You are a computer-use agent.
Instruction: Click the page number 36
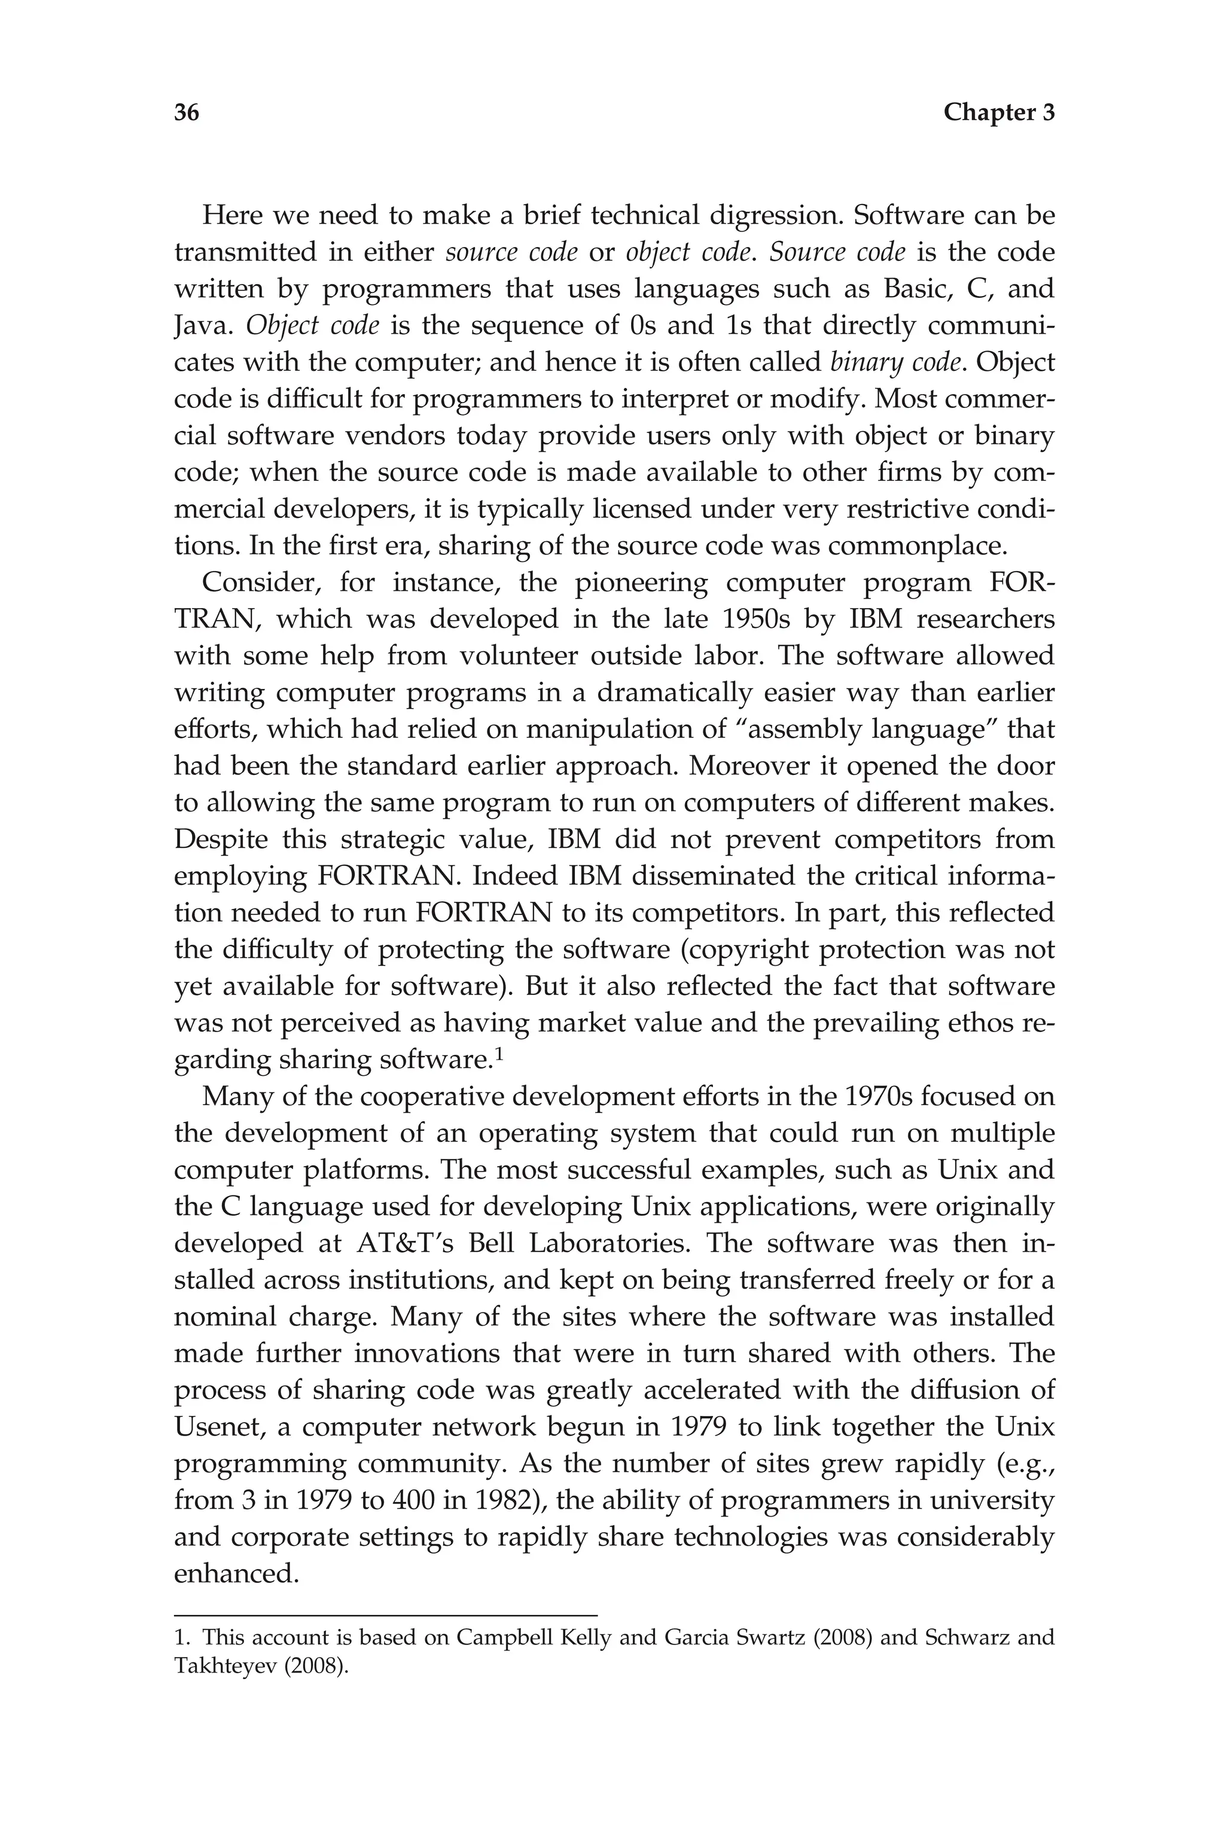187,113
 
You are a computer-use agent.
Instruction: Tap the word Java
202,326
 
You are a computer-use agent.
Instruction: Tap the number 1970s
878,1097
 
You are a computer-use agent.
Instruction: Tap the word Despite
222,840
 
